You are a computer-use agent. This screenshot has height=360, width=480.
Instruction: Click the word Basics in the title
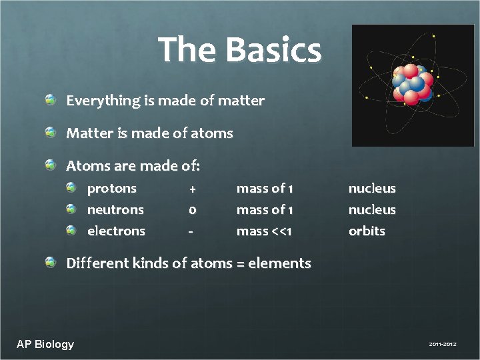273,51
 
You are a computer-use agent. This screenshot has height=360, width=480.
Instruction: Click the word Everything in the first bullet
99,101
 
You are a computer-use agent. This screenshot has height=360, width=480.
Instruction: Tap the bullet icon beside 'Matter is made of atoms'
51,133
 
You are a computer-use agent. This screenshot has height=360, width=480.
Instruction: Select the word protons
111,189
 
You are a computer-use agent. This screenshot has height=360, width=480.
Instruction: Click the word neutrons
115,210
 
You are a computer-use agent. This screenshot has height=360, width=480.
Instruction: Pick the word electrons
116,231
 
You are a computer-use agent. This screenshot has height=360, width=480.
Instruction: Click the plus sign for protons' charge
192,189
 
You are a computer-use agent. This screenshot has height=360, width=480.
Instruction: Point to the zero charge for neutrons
192,210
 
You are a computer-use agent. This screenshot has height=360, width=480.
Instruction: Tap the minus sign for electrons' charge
191,231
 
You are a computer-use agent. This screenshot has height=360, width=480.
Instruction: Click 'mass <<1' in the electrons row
265,231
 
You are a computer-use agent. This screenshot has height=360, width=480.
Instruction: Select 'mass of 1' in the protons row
265,189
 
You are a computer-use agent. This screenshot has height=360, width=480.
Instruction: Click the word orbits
367,231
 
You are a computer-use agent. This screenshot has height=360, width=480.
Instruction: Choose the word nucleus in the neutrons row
372,210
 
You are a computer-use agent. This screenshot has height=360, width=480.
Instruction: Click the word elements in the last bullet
279,263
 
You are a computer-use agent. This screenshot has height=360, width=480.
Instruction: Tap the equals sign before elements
240,264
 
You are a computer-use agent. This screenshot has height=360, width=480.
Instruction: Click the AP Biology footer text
45,344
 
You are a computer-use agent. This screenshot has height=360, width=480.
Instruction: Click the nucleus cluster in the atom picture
413,84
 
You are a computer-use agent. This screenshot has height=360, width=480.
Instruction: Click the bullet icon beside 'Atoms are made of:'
51,165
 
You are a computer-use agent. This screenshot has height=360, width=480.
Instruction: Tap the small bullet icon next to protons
71,189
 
